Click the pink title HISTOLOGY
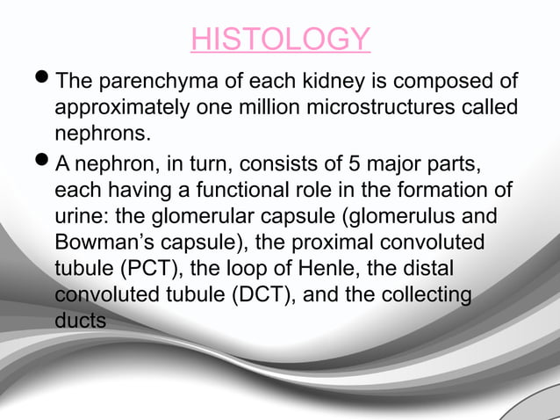[x=280, y=39]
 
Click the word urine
[x=77, y=217]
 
